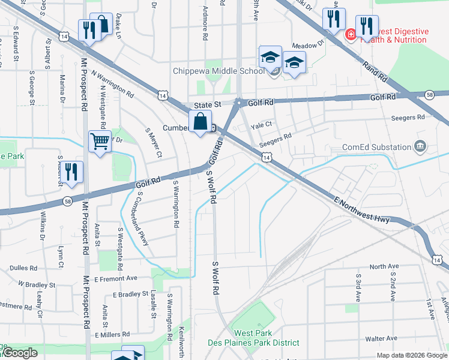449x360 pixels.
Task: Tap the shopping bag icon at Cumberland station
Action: [200, 122]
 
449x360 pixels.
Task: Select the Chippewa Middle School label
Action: [218, 71]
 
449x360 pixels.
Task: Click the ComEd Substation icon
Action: [420, 146]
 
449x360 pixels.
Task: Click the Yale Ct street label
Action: [262, 125]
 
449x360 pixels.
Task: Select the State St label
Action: [206, 104]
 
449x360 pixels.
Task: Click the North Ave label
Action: [384, 266]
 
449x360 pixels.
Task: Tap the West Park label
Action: [253, 333]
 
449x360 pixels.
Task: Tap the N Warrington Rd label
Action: [112, 84]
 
